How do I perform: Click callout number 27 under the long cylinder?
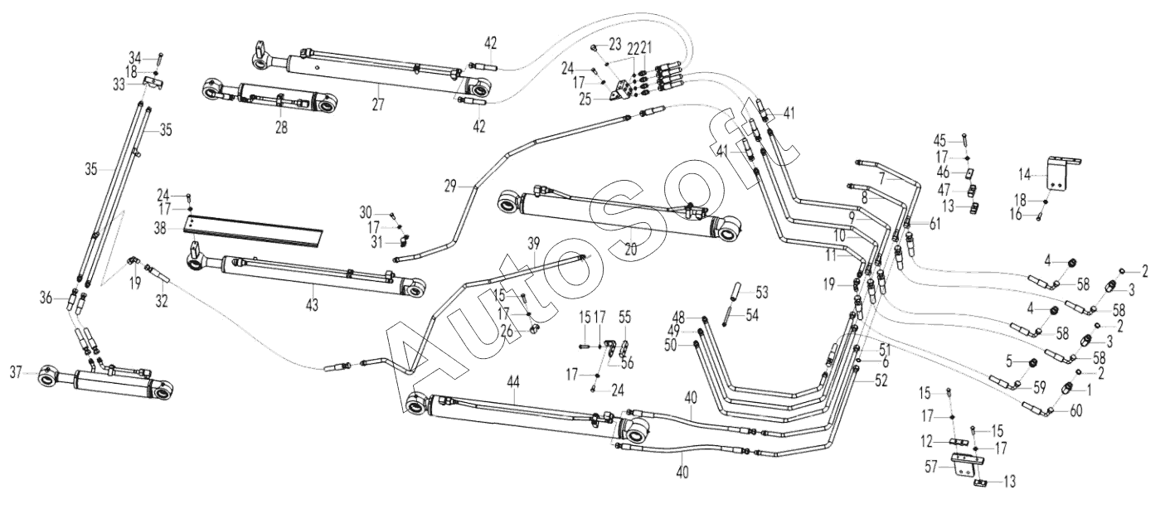(x=378, y=104)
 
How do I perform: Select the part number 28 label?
(x=282, y=127)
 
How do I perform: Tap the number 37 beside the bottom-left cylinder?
(x=17, y=372)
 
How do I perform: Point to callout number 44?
(x=513, y=382)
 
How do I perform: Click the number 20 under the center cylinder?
(x=631, y=250)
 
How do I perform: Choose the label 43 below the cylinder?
(x=312, y=304)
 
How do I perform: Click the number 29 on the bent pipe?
(x=451, y=186)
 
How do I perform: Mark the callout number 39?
(x=533, y=243)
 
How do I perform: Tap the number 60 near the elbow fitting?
(x=1075, y=411)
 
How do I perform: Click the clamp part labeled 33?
(x=153, y=83)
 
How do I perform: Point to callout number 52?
(x=881, y=381)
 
